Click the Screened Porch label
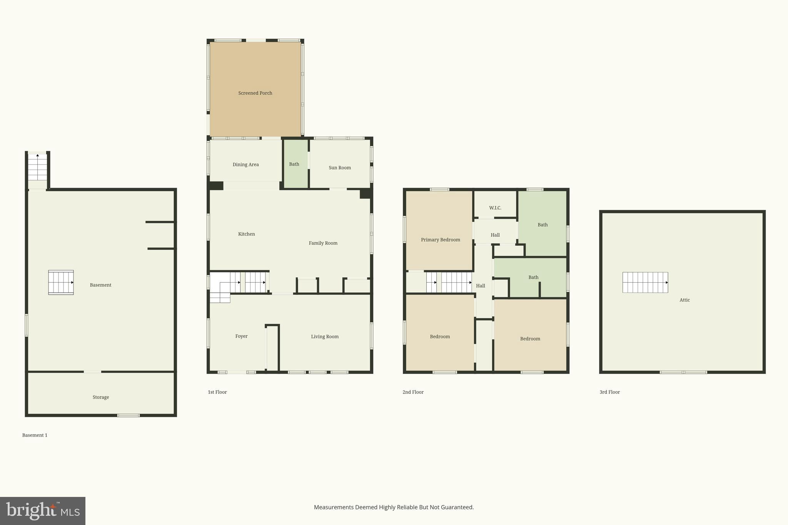[x=255, y=93]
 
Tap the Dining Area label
[x=245, y=165]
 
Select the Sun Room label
[x=339, y=168]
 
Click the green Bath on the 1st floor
[x=294, y=164]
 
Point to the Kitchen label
[x=246, y=234]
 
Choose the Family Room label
[x=323, y=243]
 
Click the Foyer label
[x=241, y=336]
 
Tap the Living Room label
[x=325, y=337]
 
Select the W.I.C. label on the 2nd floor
[x=495, y=208]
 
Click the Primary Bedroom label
[x=440, y=240]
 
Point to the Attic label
[x=684, y=300]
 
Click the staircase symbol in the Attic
[x=645, y=282]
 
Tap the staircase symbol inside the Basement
[x=61, y=282]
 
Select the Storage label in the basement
[x=101, y=397]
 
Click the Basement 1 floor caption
[x=35, y=435]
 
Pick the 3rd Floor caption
[x=609, y=392]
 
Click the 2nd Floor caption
[x=413, y=392]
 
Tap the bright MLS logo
[x=42, y=511]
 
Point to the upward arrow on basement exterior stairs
[x=38, y=155]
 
